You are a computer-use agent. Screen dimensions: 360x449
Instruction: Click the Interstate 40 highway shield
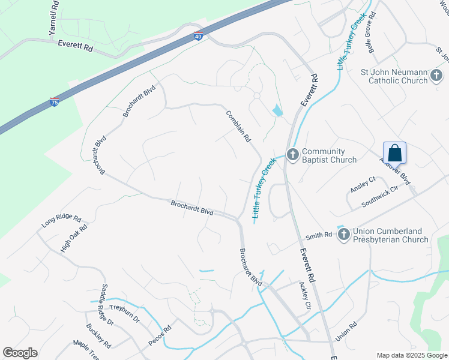199,36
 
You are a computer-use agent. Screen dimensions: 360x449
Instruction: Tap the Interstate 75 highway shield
55,101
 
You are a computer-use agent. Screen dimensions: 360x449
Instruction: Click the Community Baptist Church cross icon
293,155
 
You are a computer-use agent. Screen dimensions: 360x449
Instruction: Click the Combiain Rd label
238,126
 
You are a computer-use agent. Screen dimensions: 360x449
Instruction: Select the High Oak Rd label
74,238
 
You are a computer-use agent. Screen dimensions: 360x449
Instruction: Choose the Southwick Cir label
380,196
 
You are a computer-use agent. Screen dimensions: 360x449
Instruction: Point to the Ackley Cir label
304,296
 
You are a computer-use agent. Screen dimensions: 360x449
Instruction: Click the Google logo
20,353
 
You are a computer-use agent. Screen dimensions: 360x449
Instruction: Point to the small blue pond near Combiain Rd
277,110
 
